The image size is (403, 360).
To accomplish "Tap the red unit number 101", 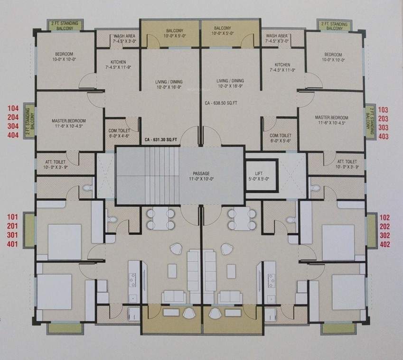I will coord(13,217).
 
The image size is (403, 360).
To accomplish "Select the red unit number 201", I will coord(13,226).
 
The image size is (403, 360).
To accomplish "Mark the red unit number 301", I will coord(13,236).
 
